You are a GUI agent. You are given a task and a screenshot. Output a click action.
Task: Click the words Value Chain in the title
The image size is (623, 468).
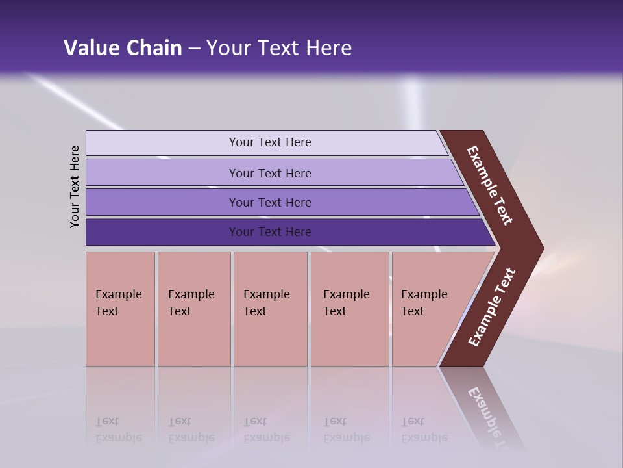(123, 48)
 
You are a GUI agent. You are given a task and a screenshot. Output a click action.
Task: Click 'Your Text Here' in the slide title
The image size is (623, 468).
(279, 48)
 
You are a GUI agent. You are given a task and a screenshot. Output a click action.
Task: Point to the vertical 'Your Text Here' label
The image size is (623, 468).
(75, 187)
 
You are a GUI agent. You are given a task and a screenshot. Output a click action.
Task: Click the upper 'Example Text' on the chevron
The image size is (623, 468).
(490, 185)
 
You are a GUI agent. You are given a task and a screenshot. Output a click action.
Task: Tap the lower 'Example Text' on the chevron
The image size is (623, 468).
(492, 307)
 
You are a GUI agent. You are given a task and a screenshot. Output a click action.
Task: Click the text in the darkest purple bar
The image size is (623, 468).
(270, 232)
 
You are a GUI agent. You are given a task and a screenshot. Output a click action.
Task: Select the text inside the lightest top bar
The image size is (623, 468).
(270, 142)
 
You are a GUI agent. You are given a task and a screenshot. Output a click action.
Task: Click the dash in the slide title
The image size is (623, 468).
(194, 49)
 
